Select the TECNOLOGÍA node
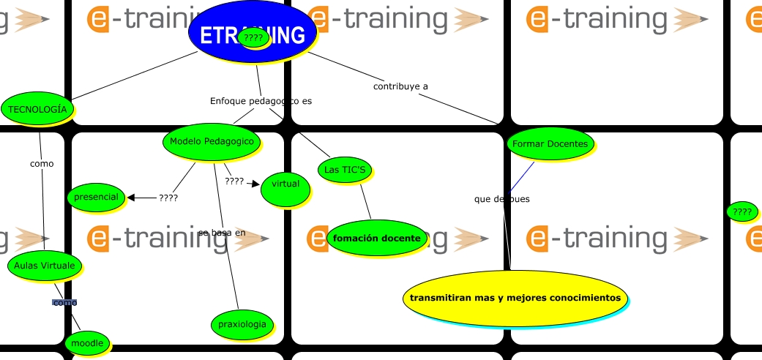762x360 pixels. (37, 109)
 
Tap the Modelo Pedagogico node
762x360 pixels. (212, 141)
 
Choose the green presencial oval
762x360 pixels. (96, 197)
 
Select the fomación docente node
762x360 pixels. (376, 239)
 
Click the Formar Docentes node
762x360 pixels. (550, 143)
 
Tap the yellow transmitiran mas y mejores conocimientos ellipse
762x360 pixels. (515, 298)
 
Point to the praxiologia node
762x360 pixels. (242, 324)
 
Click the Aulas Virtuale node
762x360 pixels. (44, 266)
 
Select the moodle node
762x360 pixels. (87, 342)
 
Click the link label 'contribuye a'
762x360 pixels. (400, 86)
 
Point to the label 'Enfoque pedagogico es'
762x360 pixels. (261, 101)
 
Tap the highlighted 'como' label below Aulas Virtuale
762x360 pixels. (64, 302)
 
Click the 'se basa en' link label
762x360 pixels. (221, 233)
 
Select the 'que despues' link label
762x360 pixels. (501, 199)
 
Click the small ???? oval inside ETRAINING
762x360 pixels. (253, 38)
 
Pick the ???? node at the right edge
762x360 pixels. (742, 212)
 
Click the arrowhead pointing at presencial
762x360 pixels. (131, 197)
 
